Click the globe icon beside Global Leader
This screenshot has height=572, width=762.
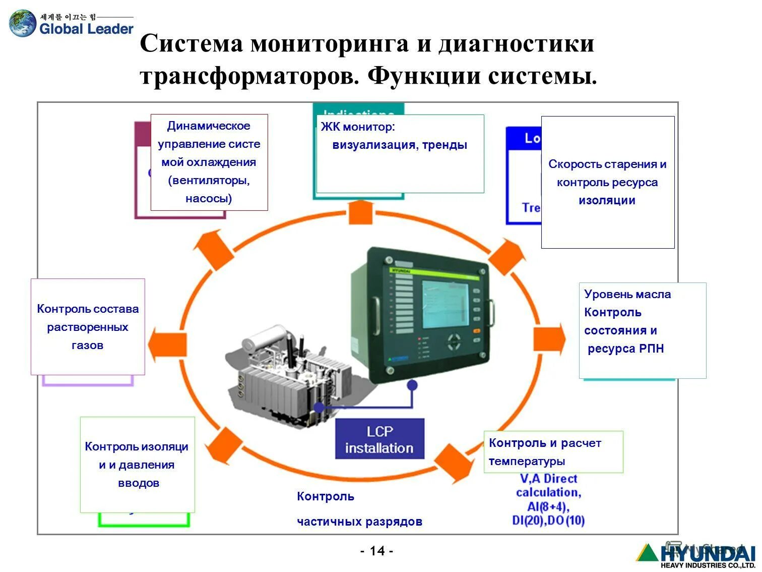coord(23,24)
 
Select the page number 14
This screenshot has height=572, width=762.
coord(377,551)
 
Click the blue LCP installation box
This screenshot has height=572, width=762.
coord(379,439)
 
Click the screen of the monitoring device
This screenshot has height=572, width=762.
coord(444,305)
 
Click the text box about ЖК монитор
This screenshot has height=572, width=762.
coord(400,153)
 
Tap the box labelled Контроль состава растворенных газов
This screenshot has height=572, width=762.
coord(88,327)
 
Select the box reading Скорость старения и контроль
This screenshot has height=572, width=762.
coord(607,182)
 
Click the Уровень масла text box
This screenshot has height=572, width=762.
coord(642,330)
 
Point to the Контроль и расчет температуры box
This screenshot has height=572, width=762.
coord(553,452)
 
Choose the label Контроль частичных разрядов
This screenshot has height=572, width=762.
coord(359,509)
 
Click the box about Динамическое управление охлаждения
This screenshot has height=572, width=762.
coord(209,162)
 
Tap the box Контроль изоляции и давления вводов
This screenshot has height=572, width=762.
coord(137,465)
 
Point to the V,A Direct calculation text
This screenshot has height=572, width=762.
coord(548,499)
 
